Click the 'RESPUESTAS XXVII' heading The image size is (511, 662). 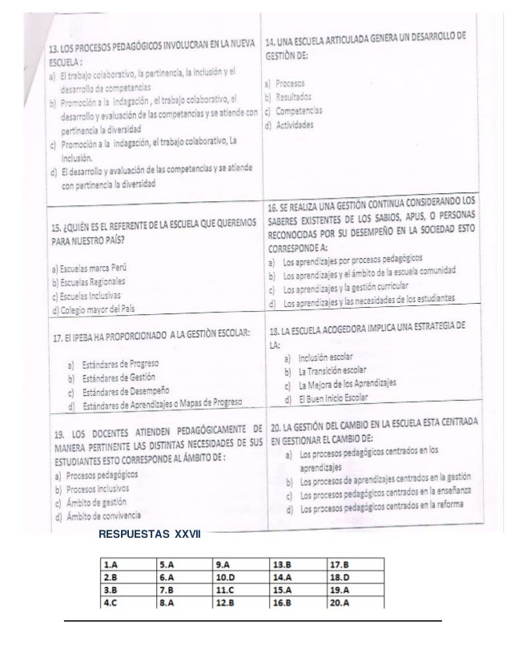tap(149, 534)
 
